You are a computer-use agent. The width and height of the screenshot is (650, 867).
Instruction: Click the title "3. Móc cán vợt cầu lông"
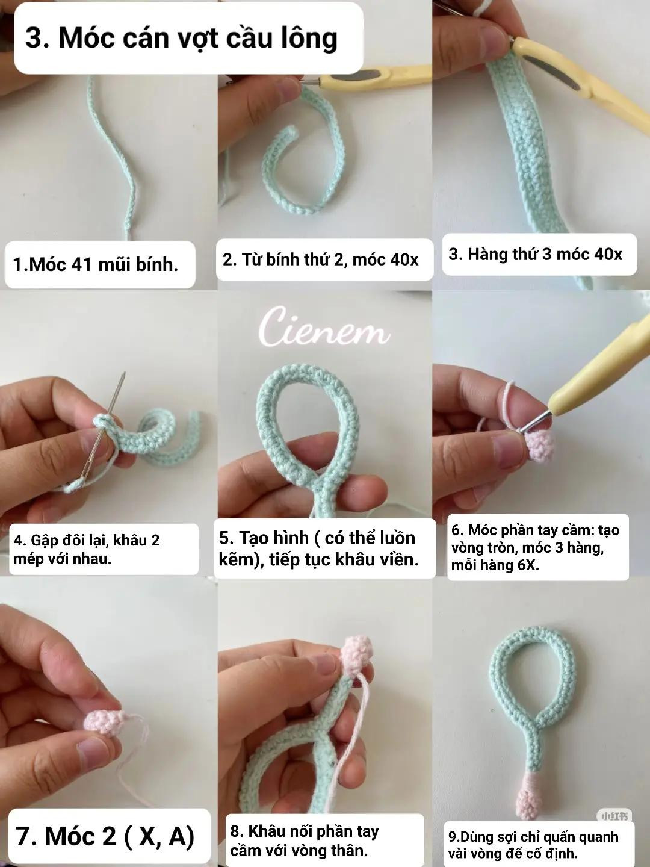coord(181,38)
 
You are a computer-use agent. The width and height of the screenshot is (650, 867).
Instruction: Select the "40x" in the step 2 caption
coord(403,259)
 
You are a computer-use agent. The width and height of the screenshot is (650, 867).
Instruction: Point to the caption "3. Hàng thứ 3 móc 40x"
coord(535,254)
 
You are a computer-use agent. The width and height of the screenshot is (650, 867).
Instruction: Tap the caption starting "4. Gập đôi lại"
coord(87,549)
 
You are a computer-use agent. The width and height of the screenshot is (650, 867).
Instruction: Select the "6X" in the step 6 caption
coord(527,565)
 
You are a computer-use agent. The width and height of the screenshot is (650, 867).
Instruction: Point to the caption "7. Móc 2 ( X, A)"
coord(105,836)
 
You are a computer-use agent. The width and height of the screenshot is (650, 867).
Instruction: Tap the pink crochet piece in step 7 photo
coord(104,721)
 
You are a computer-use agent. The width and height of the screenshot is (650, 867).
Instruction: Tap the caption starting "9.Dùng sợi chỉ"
coord(533,845)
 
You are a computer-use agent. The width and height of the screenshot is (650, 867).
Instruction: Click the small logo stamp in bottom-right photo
coord(613,816)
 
